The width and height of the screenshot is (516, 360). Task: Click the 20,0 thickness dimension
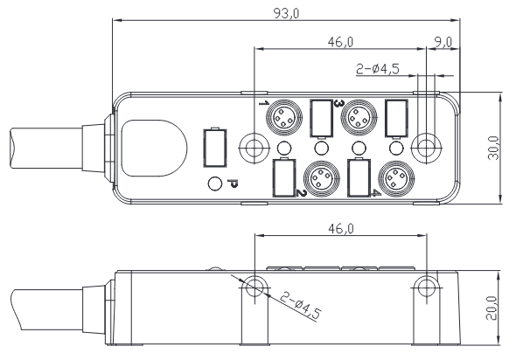tap(493, 307)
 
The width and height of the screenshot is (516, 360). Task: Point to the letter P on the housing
tap(232, 183)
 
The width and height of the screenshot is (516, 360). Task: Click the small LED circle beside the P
tap(214, 183)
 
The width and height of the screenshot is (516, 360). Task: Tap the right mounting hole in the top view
tap(426, 146)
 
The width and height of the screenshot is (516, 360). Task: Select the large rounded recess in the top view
tap(154, 145)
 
